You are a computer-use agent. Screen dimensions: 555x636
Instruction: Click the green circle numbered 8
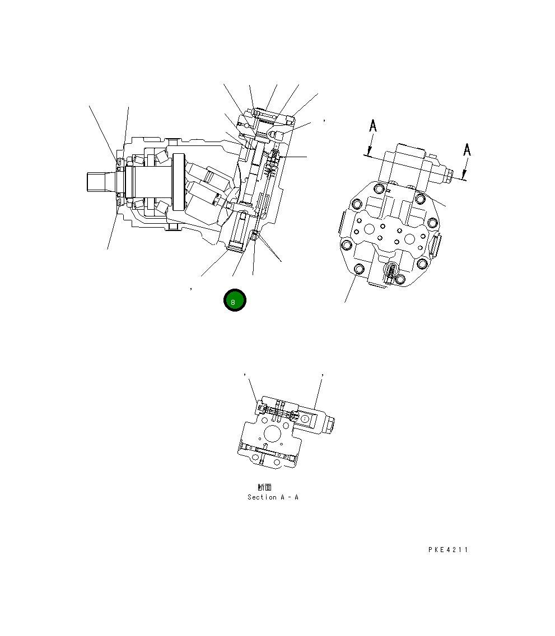[235, 300]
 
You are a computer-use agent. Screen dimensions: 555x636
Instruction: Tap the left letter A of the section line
[372, 125]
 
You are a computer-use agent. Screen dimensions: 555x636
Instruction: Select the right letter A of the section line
[467, 150]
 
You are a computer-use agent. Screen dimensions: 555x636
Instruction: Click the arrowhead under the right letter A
[464, 175]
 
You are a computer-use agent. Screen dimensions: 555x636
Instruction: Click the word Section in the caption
[262, 497]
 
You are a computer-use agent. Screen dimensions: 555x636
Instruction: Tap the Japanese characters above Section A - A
[265, 487]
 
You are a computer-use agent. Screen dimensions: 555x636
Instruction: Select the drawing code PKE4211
[448, 550]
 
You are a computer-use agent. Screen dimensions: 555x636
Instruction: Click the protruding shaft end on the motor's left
[98, 182]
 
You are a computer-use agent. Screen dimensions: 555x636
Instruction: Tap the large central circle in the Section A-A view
[271, 434]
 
